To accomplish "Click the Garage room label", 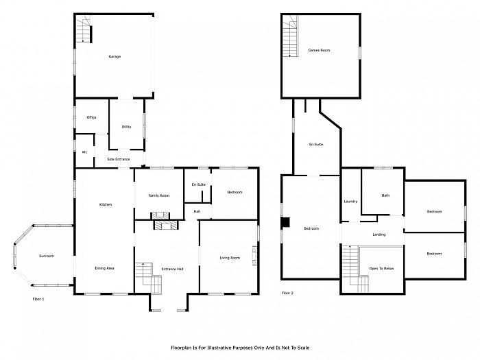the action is point(115,56).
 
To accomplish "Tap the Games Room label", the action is point(319,50).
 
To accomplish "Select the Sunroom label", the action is point(47,256).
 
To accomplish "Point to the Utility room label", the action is point(126,126).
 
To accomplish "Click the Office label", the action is point(91,117).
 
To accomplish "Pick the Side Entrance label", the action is point(119,159).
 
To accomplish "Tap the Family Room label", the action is point(159,195).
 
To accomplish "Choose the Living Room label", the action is point(230,258).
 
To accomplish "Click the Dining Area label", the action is point(104,268).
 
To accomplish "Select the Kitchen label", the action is point(106,204).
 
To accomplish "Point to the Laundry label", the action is point(350,202).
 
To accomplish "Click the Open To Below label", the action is point(381,269).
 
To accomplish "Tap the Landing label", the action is point(379,235).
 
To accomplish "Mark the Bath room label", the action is point(385,195).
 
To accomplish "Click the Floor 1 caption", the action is point(38,299).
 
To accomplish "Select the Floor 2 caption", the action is point(287,293).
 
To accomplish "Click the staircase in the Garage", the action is point(84,29).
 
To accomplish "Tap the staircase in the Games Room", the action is point(290,36).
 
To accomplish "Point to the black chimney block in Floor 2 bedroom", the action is point(285,222).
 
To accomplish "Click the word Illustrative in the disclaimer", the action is point(219,348).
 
